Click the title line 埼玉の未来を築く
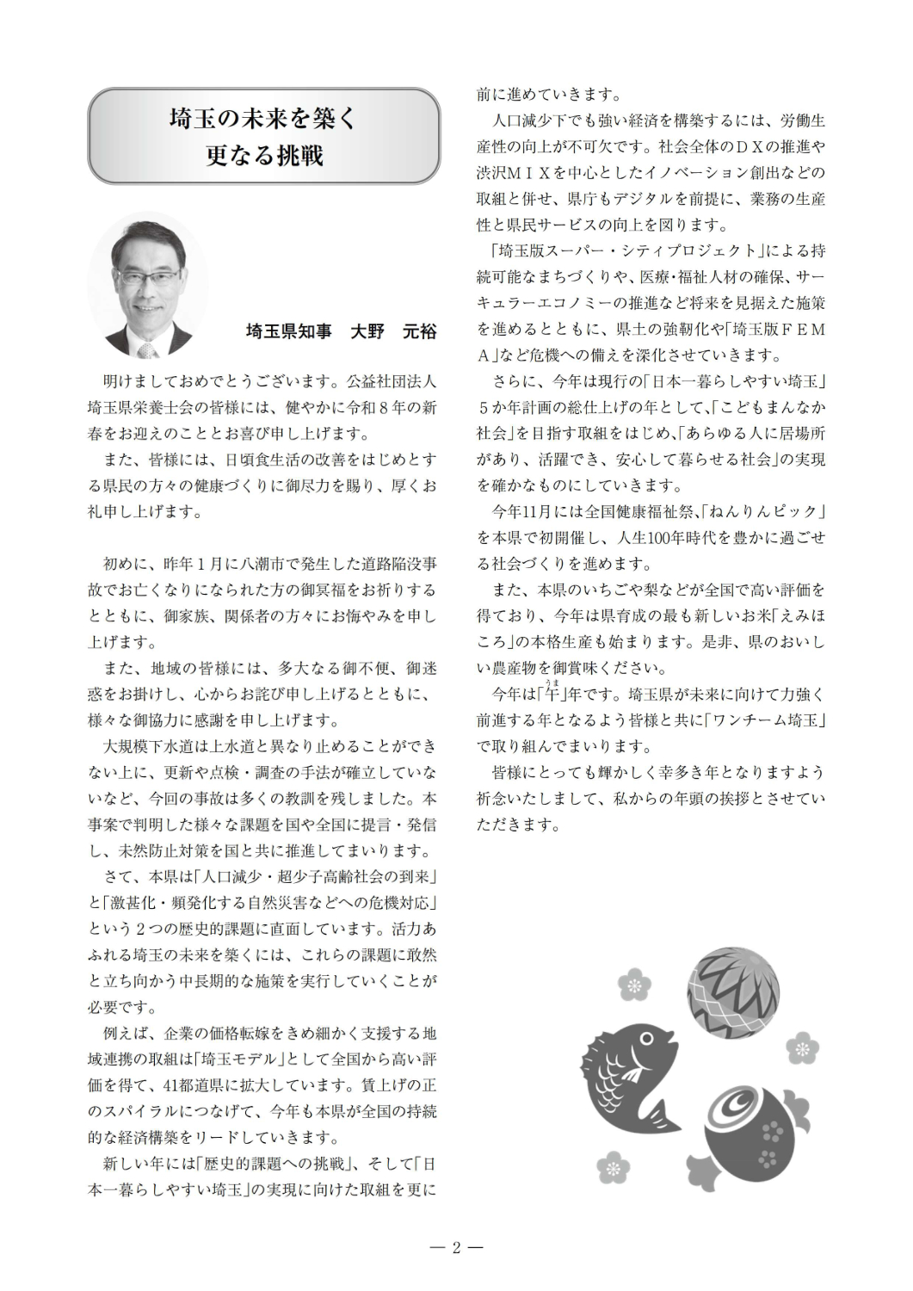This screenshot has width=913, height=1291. pyautogui.click(x=263, y=118)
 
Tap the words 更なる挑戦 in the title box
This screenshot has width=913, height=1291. pyautogui.click(x=263, y=156)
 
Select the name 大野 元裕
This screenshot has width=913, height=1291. pyautogui.click(x=393, y=331)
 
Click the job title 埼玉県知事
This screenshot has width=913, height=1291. pyautogui.click(x=288, y=331)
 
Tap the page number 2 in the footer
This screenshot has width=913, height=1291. pyautogui.click(x=457, y=1247)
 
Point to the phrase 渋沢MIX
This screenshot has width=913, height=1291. pyautogui.click(x=514, y=173)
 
